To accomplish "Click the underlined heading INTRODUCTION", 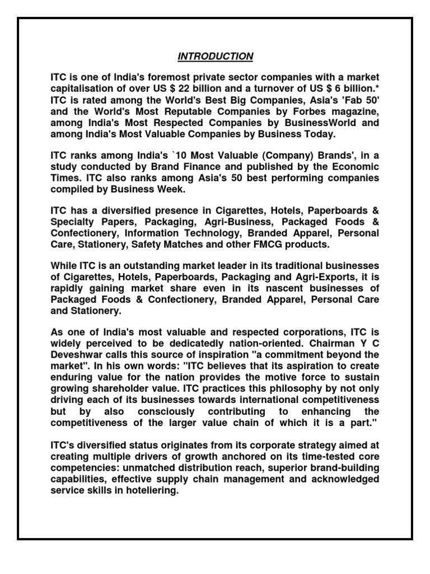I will click(x=216, y=57).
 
